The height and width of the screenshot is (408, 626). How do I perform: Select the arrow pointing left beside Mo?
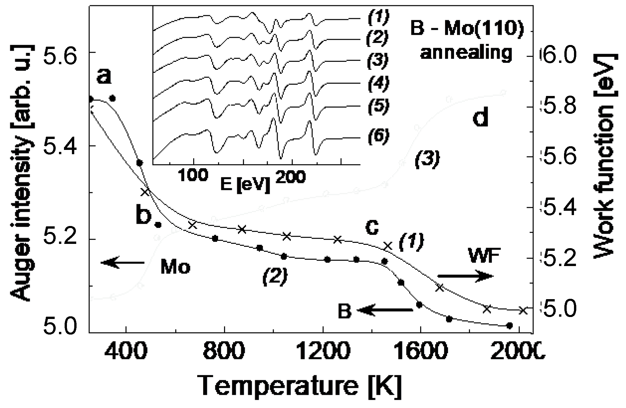pos(123,263)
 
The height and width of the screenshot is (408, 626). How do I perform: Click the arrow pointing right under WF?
pos(465,276)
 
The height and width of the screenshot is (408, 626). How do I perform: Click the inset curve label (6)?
pos(378,137)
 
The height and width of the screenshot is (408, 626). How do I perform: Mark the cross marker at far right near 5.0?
pos(523,310)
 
